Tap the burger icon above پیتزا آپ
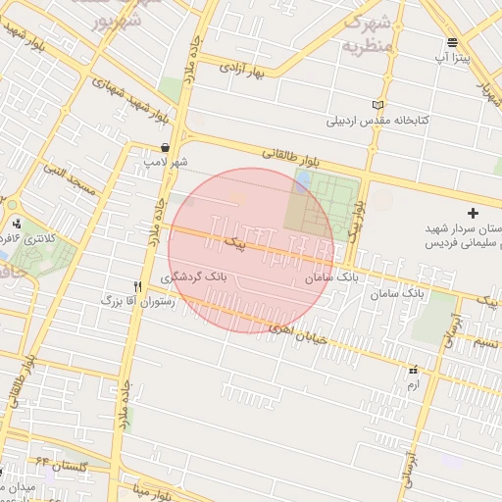(x=452, y=42)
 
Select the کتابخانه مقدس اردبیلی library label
(x=378, y=122)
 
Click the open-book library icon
(x=378, y=105)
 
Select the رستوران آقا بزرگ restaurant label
(x=137, y=302)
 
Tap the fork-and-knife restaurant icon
(x=137, y=285)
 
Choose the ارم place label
(x=413, y=385)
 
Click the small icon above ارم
(x=413, y=371)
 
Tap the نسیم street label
(x=485, y=342)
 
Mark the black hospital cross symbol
(x=474, y=213)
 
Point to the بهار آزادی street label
(x=242, y=70)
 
